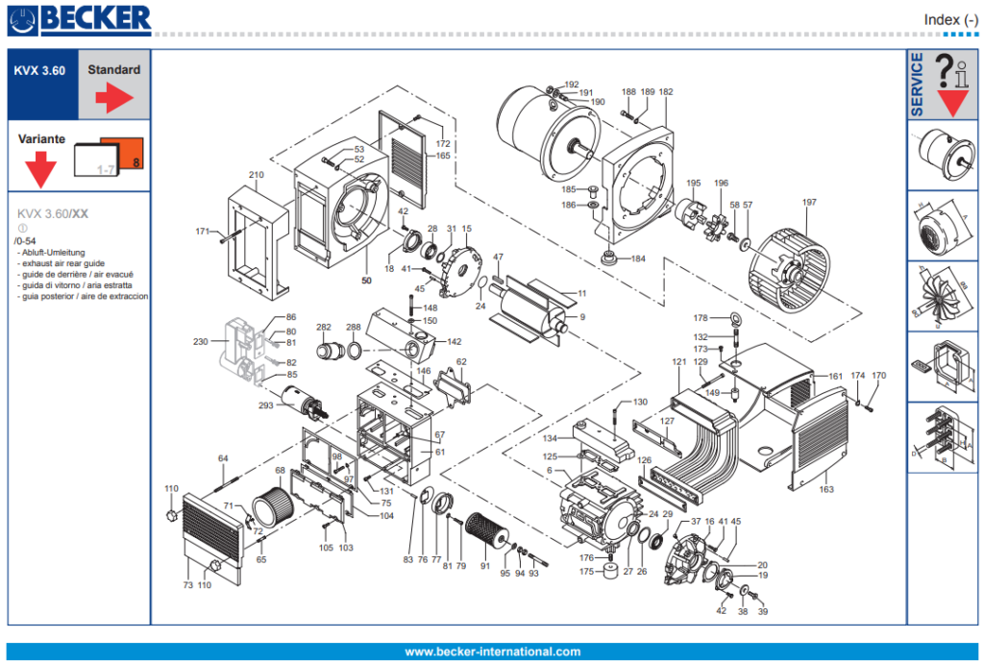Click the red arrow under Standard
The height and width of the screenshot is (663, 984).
(113, 96)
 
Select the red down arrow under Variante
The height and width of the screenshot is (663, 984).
(40, 171)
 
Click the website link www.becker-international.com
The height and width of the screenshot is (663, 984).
(492, 651)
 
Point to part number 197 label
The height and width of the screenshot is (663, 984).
(809, 203)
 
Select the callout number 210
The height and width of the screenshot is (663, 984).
(256, 176)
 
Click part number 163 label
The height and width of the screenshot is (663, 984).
(826, 489)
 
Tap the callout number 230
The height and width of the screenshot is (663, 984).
(200, 342)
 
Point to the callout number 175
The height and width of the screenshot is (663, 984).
(587, 572)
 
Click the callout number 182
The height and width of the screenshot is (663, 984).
(666, 92)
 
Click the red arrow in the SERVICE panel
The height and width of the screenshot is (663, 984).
(954, 100)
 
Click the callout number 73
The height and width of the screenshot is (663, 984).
(187, 585)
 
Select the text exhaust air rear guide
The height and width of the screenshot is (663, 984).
(61, 262)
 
